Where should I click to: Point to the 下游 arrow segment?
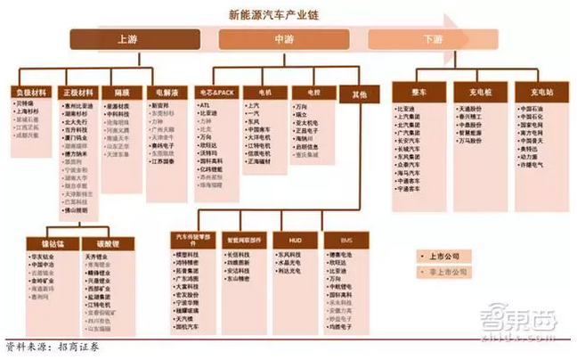434,39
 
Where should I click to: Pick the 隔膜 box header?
122,92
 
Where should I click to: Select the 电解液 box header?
168,92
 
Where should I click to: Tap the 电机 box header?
264,92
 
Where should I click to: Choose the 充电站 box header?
534,92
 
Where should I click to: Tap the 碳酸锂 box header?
101,242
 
